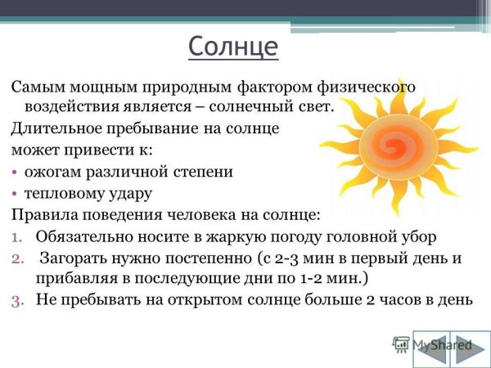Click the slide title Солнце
tap(233, 46)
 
